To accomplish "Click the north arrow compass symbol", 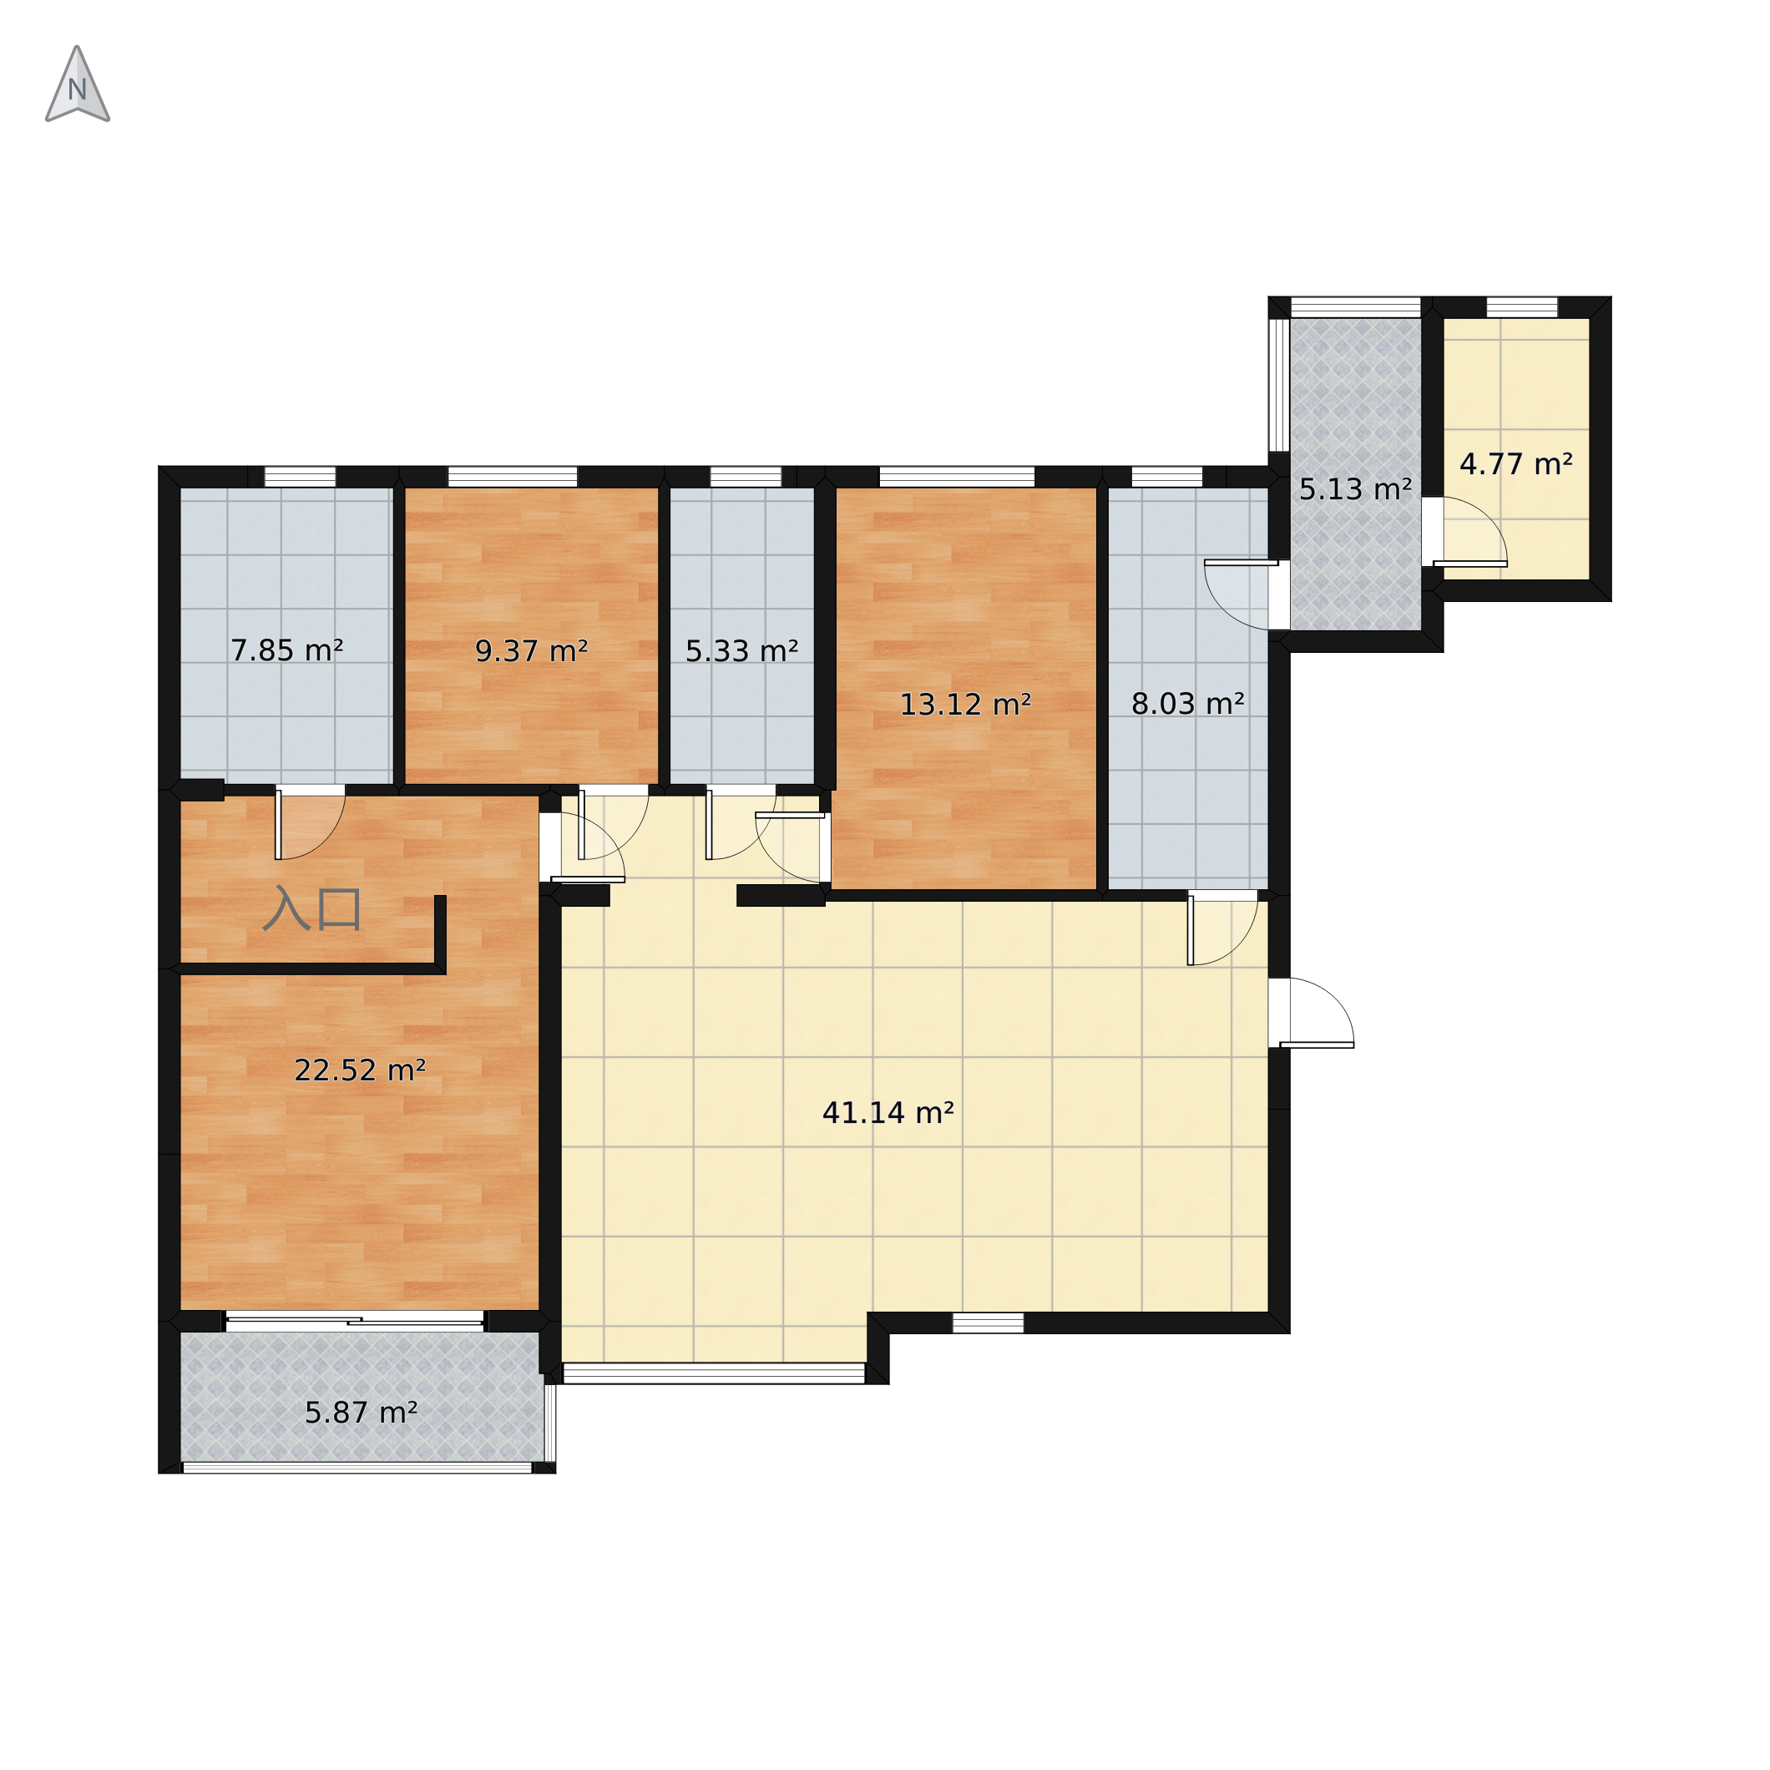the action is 78,84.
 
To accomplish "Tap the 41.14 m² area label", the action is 888,1113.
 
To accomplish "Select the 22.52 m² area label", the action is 359,1070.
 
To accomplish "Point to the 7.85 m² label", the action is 286,650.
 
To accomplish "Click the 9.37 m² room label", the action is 531,651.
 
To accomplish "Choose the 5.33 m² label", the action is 742,651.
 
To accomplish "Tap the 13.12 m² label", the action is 966,705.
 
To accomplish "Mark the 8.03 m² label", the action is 1188,704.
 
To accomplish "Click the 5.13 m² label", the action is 1356,489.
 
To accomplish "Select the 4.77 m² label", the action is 1516,464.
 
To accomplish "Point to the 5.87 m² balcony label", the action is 361,1413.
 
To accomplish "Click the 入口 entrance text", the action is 311,909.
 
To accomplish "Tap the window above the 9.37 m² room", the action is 512,477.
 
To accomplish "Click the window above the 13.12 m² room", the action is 957,477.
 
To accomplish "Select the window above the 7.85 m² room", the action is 301,477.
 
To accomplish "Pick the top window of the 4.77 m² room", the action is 1522,307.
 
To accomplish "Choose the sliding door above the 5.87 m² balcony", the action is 356,1320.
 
